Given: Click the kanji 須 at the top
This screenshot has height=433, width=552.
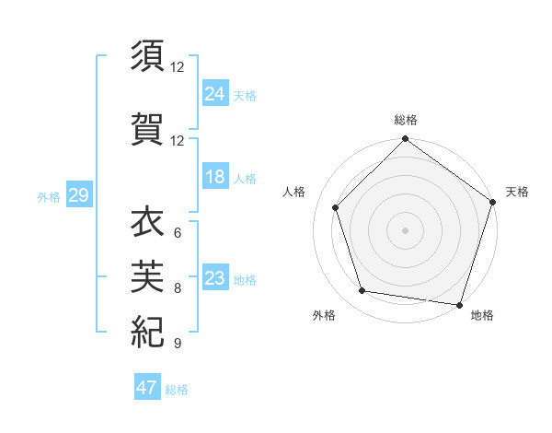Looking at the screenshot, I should pyautogui.click(x=147, y=56).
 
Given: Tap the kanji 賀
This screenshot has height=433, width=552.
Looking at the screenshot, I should pyautogui.click(x=147, y=128).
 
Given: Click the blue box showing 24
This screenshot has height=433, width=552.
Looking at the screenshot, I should pyautogui.click(x=215, y=93).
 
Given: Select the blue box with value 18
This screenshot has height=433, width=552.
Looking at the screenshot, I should pyautogui.click(x=215, y=178).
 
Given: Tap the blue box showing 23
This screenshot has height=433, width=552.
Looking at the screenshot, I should pyautogui.click(x=215, y=278).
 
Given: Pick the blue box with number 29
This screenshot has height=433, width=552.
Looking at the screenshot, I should pyautogui.click(x=78, y=196).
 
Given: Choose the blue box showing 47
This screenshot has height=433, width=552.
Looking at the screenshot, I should pyautogui.click(x=147, y=388).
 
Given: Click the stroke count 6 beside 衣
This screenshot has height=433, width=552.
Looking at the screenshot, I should pyautogui.click(x=177, y=233).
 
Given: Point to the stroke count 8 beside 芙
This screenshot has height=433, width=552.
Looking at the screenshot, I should pyautogui.click(x=177, y=288).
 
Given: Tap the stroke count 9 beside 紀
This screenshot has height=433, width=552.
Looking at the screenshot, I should pyautogui.click(x=177, y=344).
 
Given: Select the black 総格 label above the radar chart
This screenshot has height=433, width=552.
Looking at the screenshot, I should pyautogui.click(x=406, y=120).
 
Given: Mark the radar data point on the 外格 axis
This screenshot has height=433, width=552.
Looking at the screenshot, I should pyautogui.click(x=362, y=291).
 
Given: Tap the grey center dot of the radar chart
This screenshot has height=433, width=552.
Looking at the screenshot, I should pyautogui.click(x=406, y=230).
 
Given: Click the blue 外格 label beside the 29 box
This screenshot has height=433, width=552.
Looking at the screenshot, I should pyautogui.click(x=49, y=197).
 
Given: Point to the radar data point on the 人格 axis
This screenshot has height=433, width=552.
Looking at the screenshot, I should pyautogui.click(x=336, y=208).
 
